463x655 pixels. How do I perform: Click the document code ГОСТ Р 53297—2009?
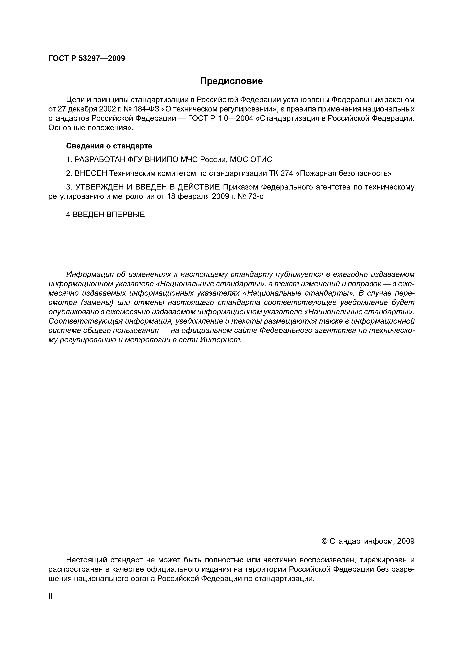coord(87,58)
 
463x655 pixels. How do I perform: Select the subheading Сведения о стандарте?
coord(109,146)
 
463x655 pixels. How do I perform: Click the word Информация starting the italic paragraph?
coord(90,274)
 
